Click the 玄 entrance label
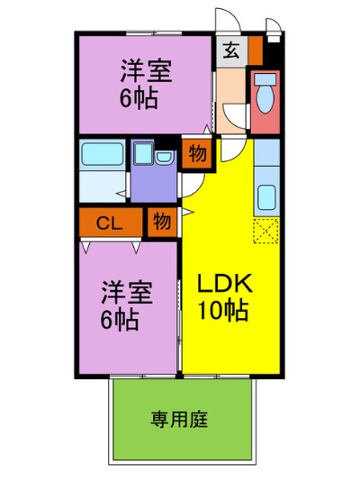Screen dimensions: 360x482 pyautogui.click(x=231, y=51)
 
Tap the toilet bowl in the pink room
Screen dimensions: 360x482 pyautogui.click(x=265, y=99)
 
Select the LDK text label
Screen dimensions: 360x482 pyautogui.click(x=224, y=283)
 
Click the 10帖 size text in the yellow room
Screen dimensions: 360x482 pyautogui.click(x=223, y=311)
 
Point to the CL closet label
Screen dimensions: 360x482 pyautogui.click(x=109, y=223)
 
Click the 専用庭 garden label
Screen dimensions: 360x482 pyautogui.click(x=179, y=419)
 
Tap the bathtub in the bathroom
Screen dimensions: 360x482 pyautogui.click(x=103, y=154)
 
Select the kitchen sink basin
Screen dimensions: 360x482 pyautogui.click(x=266, y=197)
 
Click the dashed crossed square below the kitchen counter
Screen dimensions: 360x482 pyautogui.click(x=266, y=231)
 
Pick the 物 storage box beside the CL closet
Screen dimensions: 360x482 pyautogui.click(x=162, y=222)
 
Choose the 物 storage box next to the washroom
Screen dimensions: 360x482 pyautogui.click(x=197, y=154)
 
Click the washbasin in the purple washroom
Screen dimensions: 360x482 pyautogui.click(x=165, y=158)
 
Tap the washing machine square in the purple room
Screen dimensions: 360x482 pyautogui.click(x=144, y=153)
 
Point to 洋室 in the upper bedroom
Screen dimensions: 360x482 pyautogui.click(x=146, y=71)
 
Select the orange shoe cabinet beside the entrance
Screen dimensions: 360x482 pyautogui.click(x=256, y=50)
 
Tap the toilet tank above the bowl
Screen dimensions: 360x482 pyautogui.click(x=265, y=79)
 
